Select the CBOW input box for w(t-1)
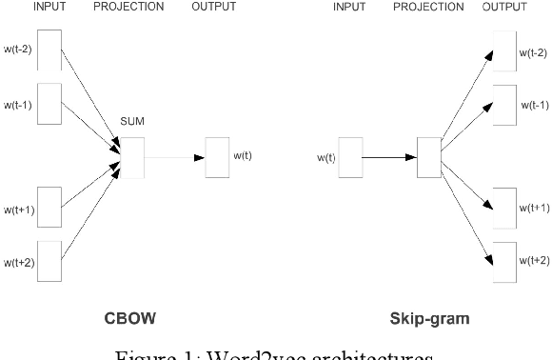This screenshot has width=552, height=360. [49, 105]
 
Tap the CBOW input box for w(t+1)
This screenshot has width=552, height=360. [49, 209]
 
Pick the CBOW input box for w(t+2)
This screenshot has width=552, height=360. [49, 261]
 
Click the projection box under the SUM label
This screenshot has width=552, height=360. [131, 157]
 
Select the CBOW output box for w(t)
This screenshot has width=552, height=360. [218, 157]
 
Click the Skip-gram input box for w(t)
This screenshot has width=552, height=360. [350, 157]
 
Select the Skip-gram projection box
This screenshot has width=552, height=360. [428, 157]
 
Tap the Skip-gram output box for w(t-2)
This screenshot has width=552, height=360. [504, 52]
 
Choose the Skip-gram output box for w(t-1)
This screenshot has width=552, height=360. [504, 105]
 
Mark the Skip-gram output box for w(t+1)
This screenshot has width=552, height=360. [504, 209]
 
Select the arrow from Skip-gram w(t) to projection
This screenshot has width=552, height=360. [388, 157]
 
